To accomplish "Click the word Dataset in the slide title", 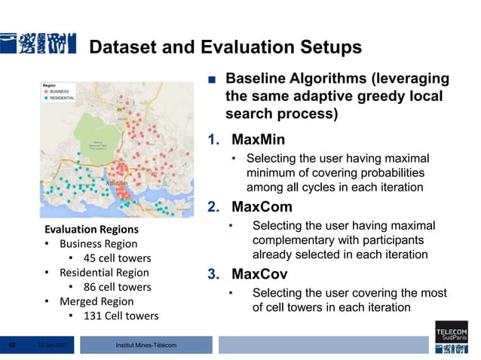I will pyautogui.click(x=119, y=48).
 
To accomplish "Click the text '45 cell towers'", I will pyautogui.click(x=117, y=258).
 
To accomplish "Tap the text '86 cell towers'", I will pyautogui.click(x=117, y=287).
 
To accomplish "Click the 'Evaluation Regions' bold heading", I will pyautogui.click(x=90, y=229).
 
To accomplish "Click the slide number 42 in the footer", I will pyautogui.click(x=12, y=345).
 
